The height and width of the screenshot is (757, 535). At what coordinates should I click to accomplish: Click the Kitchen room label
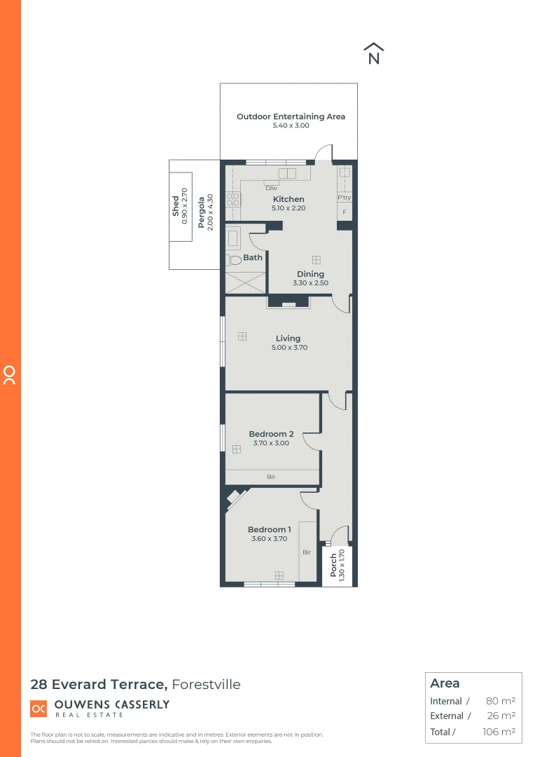[288, 199]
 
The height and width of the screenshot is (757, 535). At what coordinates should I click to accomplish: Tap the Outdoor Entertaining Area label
[291, 116]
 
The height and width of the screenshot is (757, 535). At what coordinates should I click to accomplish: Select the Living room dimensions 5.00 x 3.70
[288, 348]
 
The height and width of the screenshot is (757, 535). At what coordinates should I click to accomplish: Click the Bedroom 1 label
[270, 529]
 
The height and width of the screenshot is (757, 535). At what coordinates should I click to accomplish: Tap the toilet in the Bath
[234, 260]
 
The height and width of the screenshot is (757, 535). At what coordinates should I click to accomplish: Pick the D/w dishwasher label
[271, 188]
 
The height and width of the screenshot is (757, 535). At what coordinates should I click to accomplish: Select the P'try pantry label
[344, 198]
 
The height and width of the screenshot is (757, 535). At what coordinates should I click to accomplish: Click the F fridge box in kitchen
[344, 212]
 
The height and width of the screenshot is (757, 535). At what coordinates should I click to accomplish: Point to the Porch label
[333, 565]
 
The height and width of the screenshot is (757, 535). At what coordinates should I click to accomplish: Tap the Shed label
[176, 205]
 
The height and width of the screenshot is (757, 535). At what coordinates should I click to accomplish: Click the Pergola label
[200, 212]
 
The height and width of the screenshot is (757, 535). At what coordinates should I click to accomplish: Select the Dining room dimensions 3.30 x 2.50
[310, 283]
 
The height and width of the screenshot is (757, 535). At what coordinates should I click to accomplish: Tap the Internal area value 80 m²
[500, 701]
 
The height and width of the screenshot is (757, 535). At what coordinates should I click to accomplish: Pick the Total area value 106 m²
[498, 732]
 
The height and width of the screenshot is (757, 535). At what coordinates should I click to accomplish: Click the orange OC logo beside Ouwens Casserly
[39, 709]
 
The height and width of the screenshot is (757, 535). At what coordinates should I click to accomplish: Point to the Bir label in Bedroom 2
[271, 477]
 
